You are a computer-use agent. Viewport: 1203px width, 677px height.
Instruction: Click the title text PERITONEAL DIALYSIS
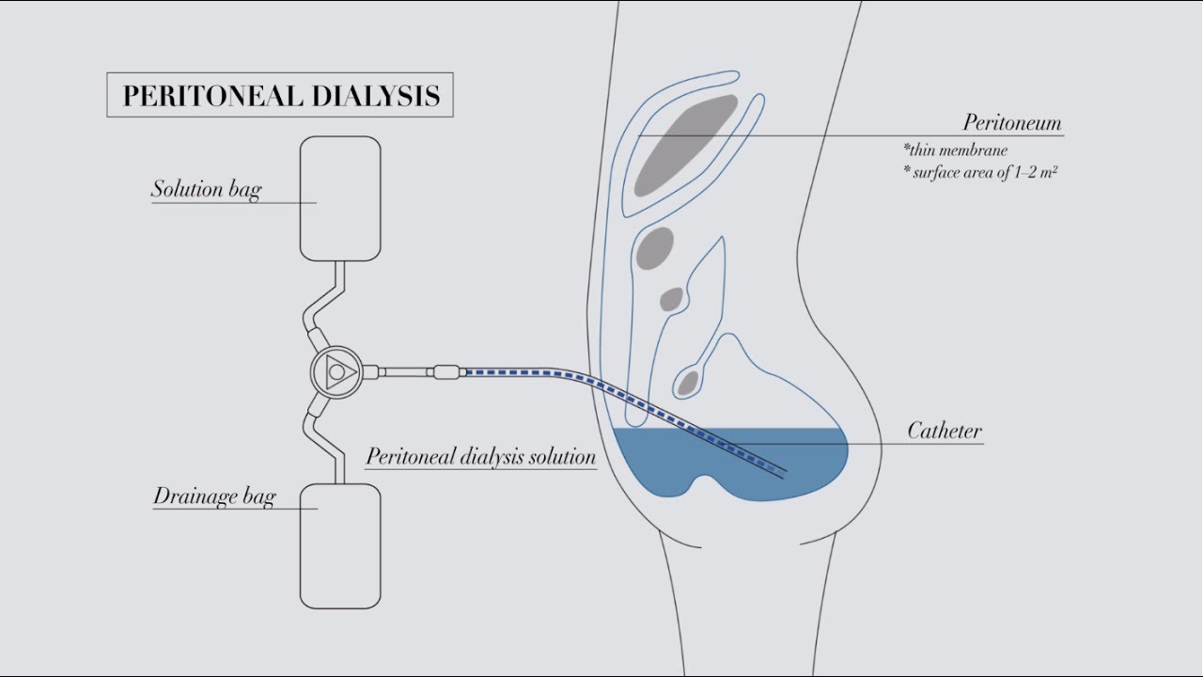coord(281,96)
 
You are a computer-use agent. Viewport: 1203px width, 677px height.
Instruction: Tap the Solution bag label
coord(206,189)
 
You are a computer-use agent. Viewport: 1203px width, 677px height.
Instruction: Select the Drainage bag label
coord(214,496)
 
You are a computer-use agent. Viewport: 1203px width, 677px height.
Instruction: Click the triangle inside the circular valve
coord(340,371)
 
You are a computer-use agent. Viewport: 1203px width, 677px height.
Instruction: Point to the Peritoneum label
coord(1012,122)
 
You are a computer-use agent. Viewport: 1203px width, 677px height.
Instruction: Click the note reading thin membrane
coord(956,150)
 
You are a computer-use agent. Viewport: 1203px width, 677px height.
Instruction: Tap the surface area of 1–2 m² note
coord(980,172)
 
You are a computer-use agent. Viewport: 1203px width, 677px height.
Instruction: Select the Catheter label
coord(945,431)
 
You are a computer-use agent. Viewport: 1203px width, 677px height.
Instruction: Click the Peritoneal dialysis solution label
coord(481,457)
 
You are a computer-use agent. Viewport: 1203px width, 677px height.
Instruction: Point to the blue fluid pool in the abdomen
coord(730,462)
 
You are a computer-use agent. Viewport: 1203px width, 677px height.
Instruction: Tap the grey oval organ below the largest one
coord(655,248)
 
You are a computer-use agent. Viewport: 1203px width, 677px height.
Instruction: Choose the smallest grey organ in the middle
coord(671,299)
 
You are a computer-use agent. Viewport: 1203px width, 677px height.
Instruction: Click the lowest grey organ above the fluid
coord(688,383)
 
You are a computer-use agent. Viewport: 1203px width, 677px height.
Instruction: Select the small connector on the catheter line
coord(446,371)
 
